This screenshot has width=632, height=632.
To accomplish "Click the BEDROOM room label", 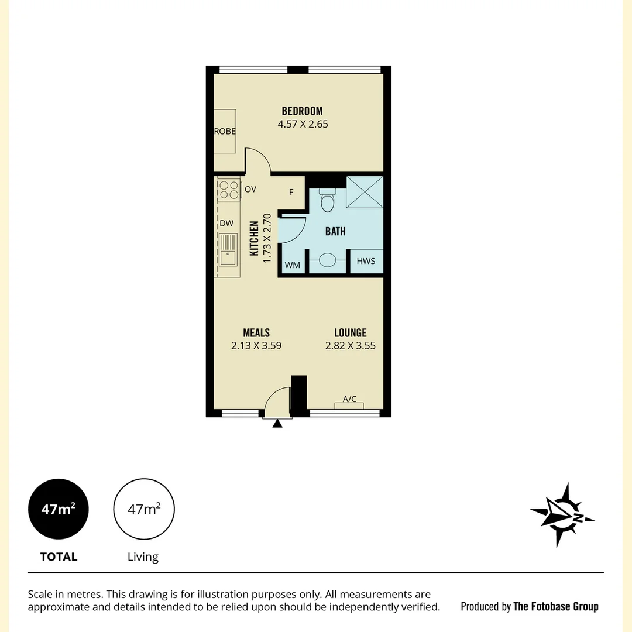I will pos(302,111).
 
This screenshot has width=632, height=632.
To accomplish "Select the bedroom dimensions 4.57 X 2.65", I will pos(302,124).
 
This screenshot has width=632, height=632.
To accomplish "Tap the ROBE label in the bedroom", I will pos(225,132).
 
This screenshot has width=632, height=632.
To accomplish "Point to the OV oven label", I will pos(250,189).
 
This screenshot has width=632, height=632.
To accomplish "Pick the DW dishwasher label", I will pos(226,223).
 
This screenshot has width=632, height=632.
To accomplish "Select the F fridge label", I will pos(291,192).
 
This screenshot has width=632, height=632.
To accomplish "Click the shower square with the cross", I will pos(365,191).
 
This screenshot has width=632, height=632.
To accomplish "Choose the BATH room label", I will pos(335,231).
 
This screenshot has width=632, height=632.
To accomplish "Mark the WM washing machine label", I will pos(293,265).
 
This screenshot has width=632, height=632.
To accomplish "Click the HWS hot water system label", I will pos(366,261).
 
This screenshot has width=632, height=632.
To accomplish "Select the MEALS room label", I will pos(256,332).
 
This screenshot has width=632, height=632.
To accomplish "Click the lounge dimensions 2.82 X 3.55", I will pos(351,346).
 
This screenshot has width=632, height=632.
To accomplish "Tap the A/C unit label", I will pos(349,399).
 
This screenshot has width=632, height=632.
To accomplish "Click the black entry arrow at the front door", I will pos(277,423).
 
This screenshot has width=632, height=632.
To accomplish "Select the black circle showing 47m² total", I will pos(59,509).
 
